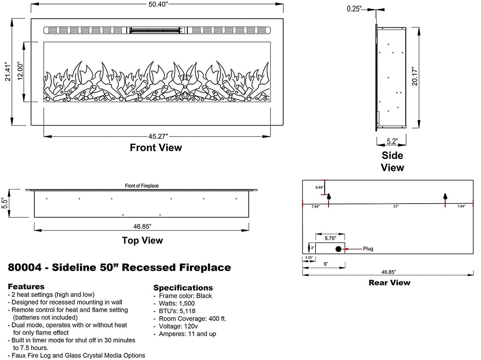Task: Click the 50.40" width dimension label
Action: pos(158,4)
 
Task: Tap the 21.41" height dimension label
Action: pos(8,72)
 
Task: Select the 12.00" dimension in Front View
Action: pos(20,71)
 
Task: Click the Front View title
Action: pos(156,148)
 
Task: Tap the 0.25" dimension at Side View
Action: pos(354,9)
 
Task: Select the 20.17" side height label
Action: pos(415,76)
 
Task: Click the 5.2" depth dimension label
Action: pos(392,141)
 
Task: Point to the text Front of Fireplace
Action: pos(142,186)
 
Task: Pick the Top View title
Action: pos(142,241)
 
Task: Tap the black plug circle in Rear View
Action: pos(339,249)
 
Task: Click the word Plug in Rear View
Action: pos(368,249)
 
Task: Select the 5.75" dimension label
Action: pos(330,238)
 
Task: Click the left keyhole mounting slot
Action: pos(329,197)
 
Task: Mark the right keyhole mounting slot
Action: pos(445,197)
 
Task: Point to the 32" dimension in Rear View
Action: pos(396,206)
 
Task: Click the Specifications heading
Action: pos(183,288)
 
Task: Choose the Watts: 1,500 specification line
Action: pos(176,303)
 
